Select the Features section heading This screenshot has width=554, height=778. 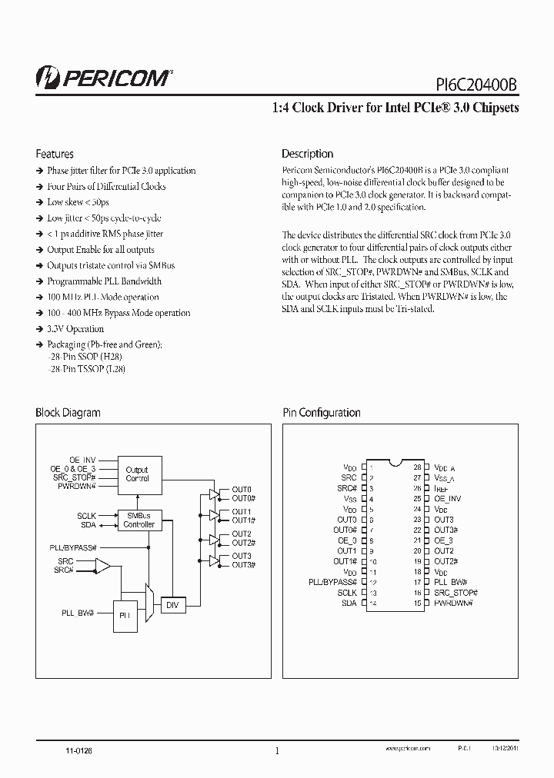pos(55,154)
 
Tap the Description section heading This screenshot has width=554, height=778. pos(307,154)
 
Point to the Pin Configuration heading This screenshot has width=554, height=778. pos(321,413)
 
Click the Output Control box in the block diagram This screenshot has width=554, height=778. pos(137,474)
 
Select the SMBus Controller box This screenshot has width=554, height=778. pos(138,520)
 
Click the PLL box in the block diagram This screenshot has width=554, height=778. pos(126,615)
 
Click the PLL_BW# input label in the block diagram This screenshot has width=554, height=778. pos(78,612)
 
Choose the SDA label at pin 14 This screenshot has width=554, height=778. pos(349,603)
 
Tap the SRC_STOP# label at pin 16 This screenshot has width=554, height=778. pos(456,593)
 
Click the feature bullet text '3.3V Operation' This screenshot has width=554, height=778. pos(75,329)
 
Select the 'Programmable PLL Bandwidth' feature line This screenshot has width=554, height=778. pos(104,281)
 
